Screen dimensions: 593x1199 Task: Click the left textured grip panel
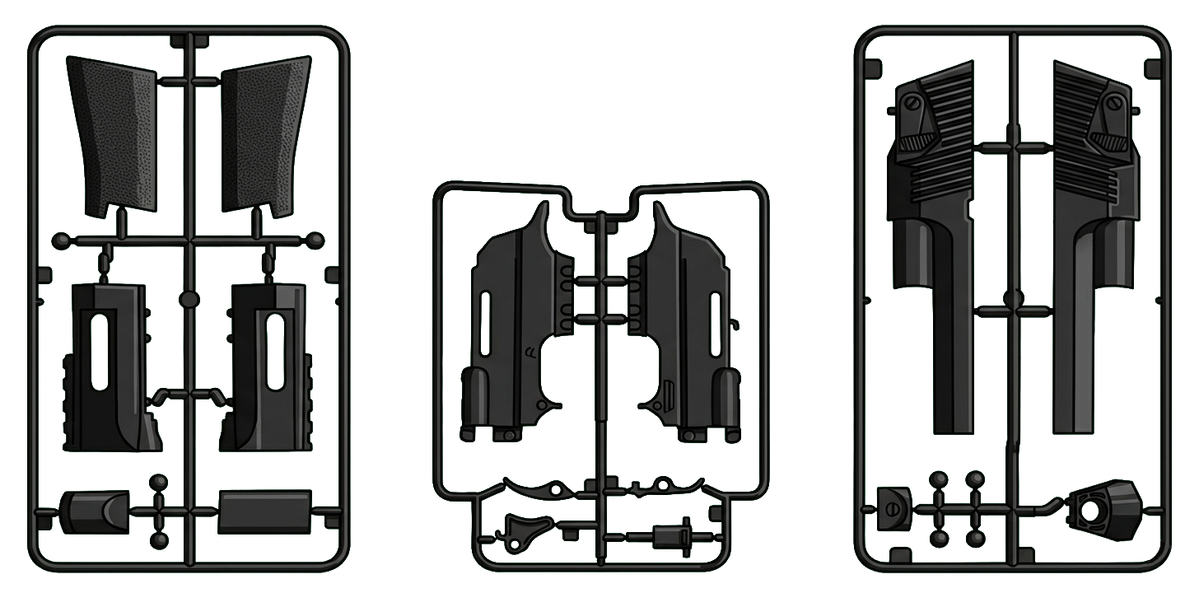click(113, 132)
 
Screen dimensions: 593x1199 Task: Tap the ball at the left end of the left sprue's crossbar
click(61, 241)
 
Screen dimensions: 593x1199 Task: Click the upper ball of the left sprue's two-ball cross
click(160, 482)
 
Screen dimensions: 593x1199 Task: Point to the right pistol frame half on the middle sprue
click(688, 329)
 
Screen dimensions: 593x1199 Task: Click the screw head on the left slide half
click(912, 104)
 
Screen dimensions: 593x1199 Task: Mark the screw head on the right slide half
click(1115, 104)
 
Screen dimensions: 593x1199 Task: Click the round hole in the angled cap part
click(1089, 511)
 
